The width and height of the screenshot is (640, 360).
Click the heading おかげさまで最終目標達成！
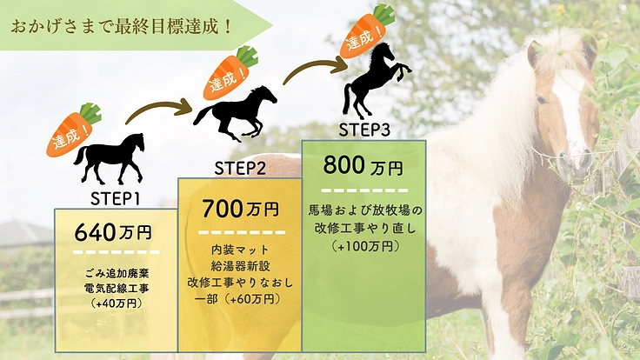point(122,24)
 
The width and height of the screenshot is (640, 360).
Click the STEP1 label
point(116,197)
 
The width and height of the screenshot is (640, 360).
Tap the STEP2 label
point(240,167)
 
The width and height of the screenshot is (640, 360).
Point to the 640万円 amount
point(113,233)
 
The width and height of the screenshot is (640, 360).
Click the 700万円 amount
point(240,209)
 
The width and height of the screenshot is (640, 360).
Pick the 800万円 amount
point(363,165)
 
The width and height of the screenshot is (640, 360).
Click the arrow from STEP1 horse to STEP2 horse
point(159,110)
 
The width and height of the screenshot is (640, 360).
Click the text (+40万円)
point(115,303)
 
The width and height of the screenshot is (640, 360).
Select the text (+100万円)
point(364,246)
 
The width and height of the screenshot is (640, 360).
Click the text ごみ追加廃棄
point(115,272)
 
